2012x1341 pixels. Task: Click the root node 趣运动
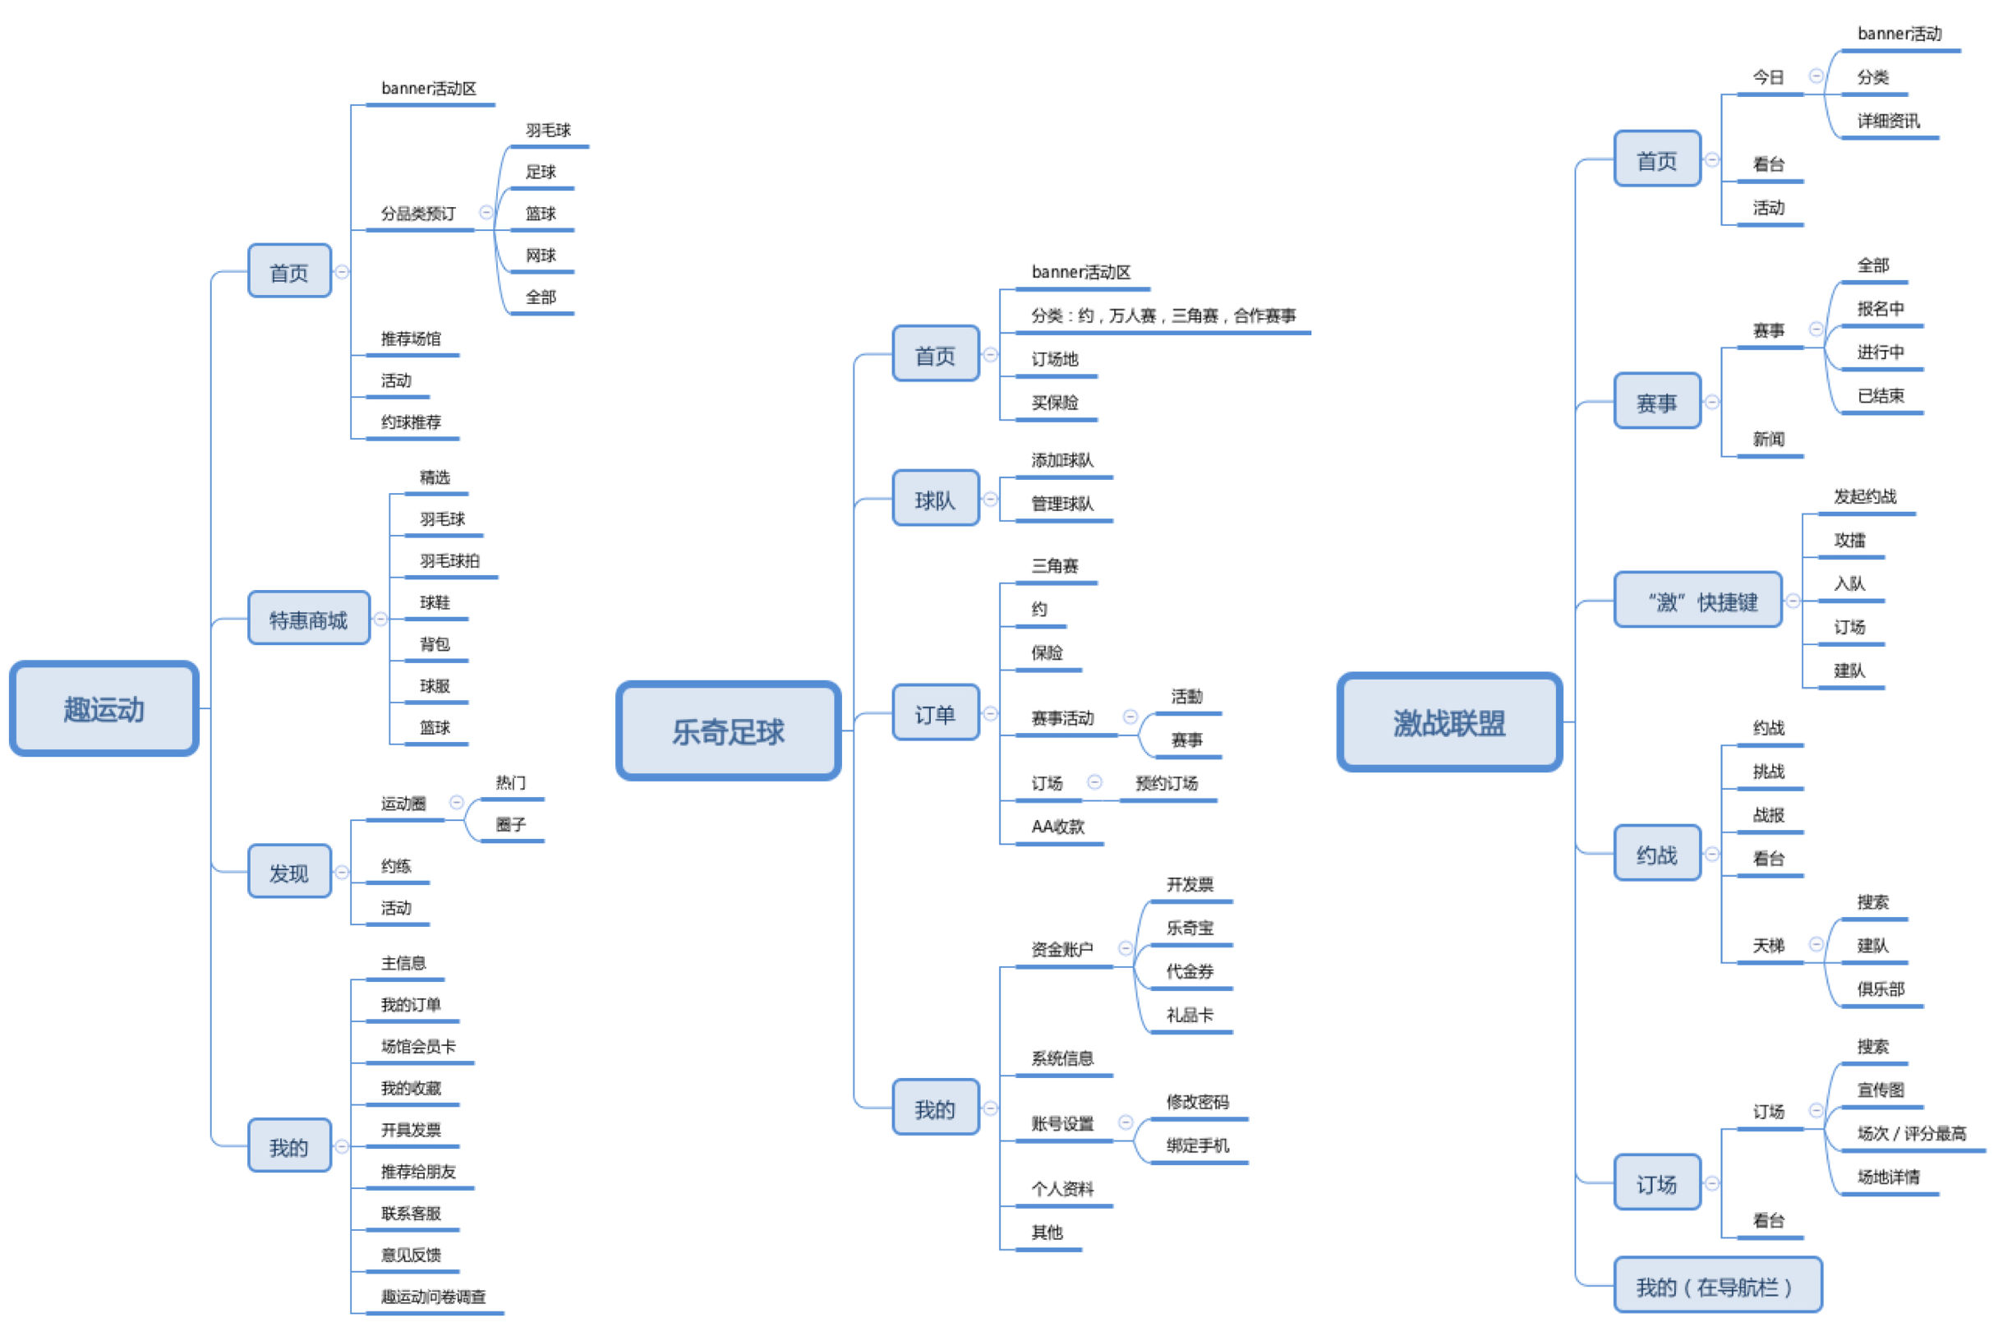[104, 708]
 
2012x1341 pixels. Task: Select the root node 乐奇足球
[728, 730]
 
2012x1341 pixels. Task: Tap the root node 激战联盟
[1448, 722]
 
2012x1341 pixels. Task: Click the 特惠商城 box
[308, 619]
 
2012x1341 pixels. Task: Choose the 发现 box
[289, 872]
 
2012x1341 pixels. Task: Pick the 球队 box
[935, 499]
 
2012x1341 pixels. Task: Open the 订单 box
[935, 713]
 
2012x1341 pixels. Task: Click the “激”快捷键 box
[1697, 601]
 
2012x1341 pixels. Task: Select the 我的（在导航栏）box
[1716, 1285]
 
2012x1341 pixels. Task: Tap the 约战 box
[1656, 854]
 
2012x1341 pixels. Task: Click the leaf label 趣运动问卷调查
[433, 1297]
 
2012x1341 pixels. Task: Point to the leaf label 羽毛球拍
[449, 560]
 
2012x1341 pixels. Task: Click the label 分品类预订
[418, 213]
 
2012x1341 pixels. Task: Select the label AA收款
[1057, 826]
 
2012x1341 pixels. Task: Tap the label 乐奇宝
[1189, 927]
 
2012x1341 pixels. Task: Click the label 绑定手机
[1196, 1145]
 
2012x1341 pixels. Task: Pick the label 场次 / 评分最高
[1910, 1132]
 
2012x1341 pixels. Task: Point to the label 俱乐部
[1880, 988]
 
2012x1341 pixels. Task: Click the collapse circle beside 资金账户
[1126, 947]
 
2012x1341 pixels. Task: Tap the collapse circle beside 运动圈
[457, 801]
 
